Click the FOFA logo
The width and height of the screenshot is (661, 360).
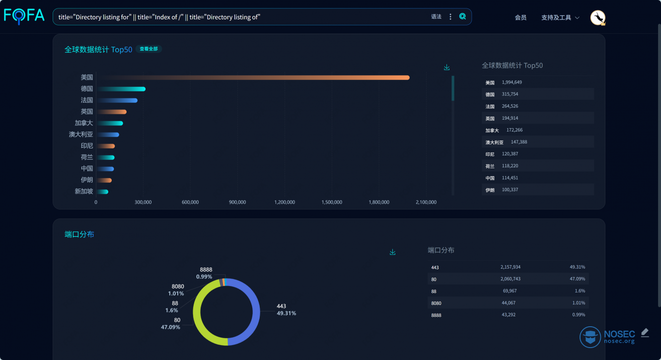tap(24, 16)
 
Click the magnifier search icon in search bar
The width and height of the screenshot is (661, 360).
tap(462, 16)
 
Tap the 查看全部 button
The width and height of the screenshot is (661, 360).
tap(148, 49)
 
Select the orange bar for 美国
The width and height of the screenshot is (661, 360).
tap(254, 77)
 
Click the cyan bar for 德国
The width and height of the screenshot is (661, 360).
tap(122, 89)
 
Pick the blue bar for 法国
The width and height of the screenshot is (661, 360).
tap(117, 100)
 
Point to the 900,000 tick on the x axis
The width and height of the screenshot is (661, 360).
tap(237, 202)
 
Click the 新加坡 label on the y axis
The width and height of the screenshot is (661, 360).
tap(84, 192)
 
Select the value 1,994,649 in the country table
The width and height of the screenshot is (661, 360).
tap(512, 82)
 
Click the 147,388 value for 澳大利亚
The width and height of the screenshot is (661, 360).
tap(519, 142)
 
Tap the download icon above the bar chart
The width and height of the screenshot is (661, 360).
tap(447, 68)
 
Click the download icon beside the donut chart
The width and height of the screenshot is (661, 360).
tap(392, 252)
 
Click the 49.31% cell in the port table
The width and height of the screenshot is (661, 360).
tap(577, 267)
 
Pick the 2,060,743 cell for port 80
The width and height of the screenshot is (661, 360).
tap(510, 279)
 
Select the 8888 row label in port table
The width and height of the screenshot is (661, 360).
tap(436, 315)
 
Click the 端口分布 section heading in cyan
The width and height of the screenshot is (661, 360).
tap(79, 234)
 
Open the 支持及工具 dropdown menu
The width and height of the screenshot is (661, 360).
tap(560, 18)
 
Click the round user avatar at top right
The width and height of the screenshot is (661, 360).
tap(597, 18)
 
